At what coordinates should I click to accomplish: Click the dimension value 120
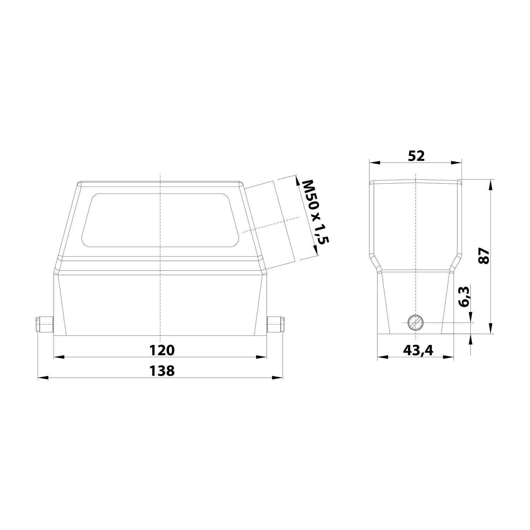coord(161,350)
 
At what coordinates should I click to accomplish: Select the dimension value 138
coord(161,371)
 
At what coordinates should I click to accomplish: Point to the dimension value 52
coord(416,156)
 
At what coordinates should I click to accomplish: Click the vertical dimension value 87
coord(484,256)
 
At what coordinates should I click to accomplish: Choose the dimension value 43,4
coord(418,350)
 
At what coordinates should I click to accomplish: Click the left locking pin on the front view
coord(44,325)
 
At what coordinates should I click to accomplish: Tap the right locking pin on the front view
coord(276,325)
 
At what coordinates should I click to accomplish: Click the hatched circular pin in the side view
coord(416,323)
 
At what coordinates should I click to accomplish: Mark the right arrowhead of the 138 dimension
coord(278,378)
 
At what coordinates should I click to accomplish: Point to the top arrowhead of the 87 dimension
coord(490,184)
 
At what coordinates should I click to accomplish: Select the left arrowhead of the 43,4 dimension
coord(382,357)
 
